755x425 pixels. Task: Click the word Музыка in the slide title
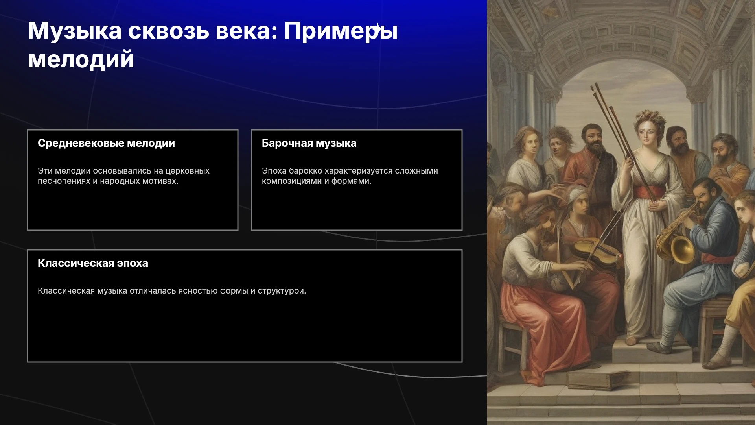75,31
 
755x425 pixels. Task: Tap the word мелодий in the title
81,60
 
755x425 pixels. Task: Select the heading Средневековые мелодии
106,143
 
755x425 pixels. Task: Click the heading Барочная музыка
309,143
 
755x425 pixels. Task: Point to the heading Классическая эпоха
93,263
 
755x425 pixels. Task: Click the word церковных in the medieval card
187,171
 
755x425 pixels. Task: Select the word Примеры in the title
341,31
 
